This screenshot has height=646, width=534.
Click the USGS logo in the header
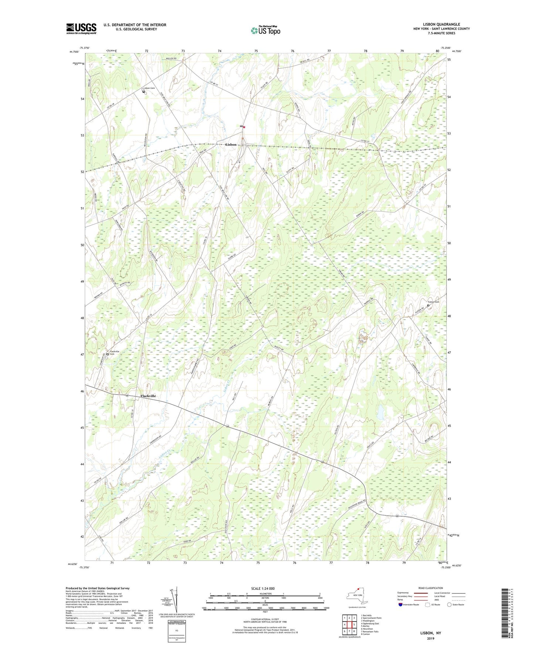(81, 28)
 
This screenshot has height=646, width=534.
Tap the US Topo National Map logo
(265, 30)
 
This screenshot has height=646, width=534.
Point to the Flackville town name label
(148, 396)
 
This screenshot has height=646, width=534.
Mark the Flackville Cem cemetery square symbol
(108, 354)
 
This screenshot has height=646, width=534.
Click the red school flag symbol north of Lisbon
(244, 127)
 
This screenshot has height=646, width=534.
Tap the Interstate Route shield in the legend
(401, 605)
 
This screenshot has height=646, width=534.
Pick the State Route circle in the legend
(449, 605)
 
